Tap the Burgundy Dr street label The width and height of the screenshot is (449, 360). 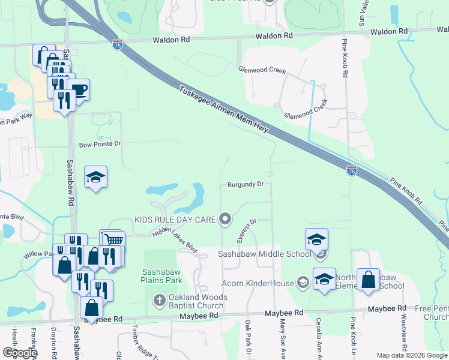click(x=246, y=184)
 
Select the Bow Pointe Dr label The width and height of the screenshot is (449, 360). click(x=100, y=144)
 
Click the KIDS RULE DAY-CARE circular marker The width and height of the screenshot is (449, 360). click(x=225, y=219)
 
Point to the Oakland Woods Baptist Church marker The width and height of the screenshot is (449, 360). click(x=159, y=299)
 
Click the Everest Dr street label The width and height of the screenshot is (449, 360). click(x=246, y=230)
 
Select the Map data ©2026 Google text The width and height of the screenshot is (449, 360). click(x=411, y=355)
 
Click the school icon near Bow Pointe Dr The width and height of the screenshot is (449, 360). click(x=96, y=177)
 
